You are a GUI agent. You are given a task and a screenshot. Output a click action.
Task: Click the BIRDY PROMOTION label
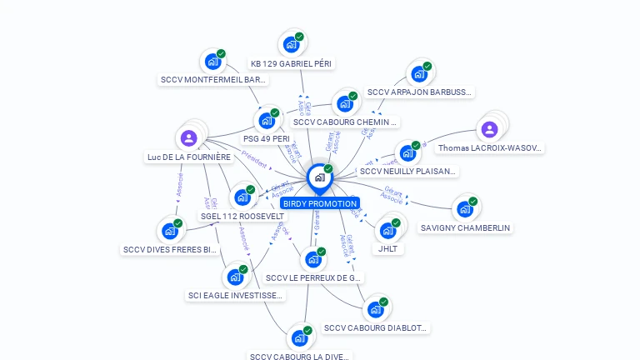coord(319,203)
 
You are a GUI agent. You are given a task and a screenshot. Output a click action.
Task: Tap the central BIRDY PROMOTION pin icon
coord(319,177)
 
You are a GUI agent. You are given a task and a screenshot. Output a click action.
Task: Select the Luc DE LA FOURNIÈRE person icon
coord(189,138)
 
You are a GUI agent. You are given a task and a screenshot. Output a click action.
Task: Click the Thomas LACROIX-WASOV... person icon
coord(489,129)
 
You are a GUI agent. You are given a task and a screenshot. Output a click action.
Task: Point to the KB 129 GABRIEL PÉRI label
coord(292,63)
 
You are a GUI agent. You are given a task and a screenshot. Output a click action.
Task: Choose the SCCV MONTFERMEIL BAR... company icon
coord(212,61)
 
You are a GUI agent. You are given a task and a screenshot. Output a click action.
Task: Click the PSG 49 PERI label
coord(267,138)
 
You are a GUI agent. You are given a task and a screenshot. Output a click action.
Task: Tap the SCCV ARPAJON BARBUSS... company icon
coord(419,73)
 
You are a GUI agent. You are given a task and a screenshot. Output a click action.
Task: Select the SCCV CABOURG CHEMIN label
coord(346,122)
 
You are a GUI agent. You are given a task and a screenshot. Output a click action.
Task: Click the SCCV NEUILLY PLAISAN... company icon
coord(407,153)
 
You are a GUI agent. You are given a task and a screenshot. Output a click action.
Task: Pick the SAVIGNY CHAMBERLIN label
coord(465,227)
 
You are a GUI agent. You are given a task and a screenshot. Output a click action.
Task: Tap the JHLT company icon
coord(387,230)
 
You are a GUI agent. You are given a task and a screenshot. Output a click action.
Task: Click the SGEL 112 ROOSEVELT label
coord(242,216)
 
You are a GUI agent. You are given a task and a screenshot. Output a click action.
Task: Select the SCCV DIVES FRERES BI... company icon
coord(170,231)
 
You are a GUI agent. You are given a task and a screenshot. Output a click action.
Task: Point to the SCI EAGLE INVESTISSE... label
coord(236,295)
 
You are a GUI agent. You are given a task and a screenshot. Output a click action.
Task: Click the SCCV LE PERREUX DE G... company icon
coord(312,259)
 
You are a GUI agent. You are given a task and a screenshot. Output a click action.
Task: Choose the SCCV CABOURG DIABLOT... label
coord(375,328)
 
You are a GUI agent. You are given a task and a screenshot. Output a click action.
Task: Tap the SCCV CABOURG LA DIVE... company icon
coord(299,338)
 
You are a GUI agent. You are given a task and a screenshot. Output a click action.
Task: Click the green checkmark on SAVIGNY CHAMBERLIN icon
coord(472,202)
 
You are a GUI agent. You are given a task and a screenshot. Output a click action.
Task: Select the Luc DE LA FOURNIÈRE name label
coord(189,157)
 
